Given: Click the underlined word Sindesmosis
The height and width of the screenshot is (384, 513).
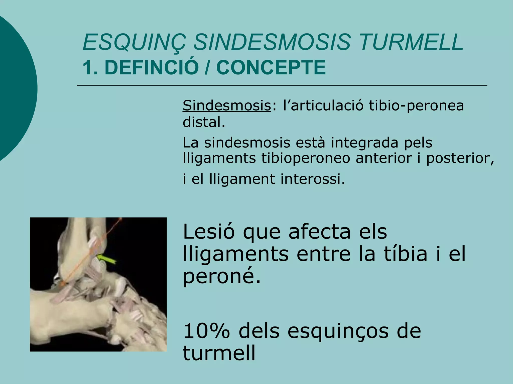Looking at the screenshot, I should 227,105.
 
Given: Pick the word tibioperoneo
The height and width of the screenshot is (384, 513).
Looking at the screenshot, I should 305,158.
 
